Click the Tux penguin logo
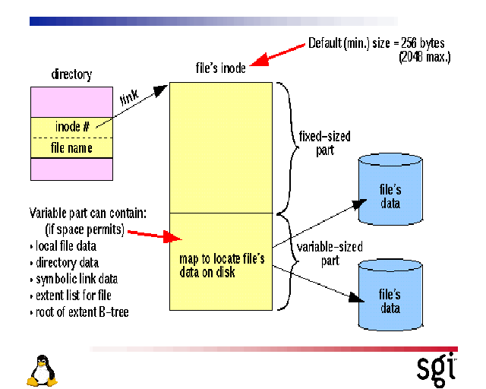point(43,371)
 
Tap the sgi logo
point(436,367)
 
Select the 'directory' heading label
point(71,74)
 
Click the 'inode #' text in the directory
point(73,126)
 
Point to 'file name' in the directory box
point(71,147)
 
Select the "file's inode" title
point(221,68)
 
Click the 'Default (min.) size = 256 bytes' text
point(376,43)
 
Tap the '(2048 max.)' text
point(424,56)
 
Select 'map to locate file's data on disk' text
point(222,266)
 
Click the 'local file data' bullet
point(66,246)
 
